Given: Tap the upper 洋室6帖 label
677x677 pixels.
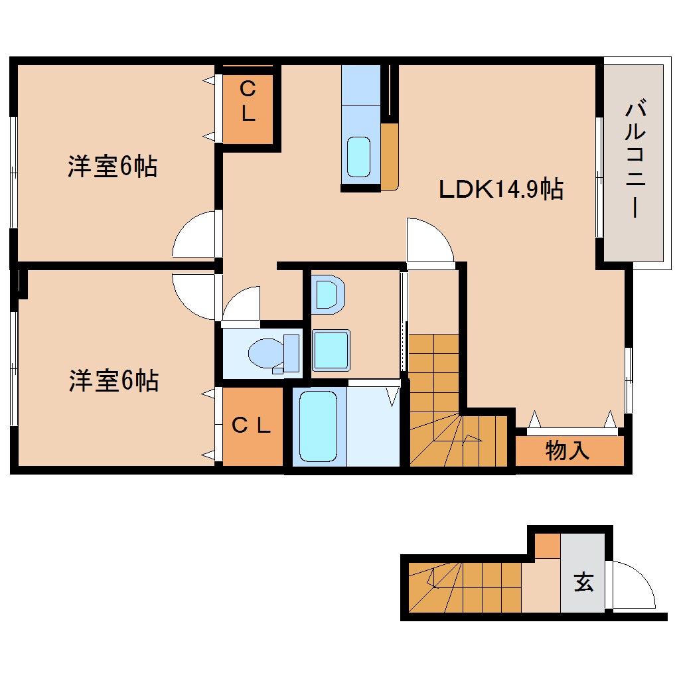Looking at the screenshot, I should coord(112,167).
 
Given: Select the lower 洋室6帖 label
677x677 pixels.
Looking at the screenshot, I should coord(113,381).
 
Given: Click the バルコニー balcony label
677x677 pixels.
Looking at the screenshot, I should coord(633,159).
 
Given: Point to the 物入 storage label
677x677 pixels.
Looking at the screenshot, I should coord(567,451).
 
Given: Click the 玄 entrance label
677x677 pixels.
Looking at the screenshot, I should coord(583,583).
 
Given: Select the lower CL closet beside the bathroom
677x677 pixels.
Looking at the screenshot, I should coord(252,426).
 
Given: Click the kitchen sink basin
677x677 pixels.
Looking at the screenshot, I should coord(359,157).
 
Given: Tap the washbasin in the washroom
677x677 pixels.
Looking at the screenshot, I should coord(329,294).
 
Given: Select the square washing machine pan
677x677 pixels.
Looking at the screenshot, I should coord(331,349).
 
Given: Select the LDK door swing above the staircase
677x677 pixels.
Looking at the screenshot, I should coord(429,240).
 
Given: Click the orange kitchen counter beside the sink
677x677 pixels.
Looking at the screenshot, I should coord(390,156).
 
